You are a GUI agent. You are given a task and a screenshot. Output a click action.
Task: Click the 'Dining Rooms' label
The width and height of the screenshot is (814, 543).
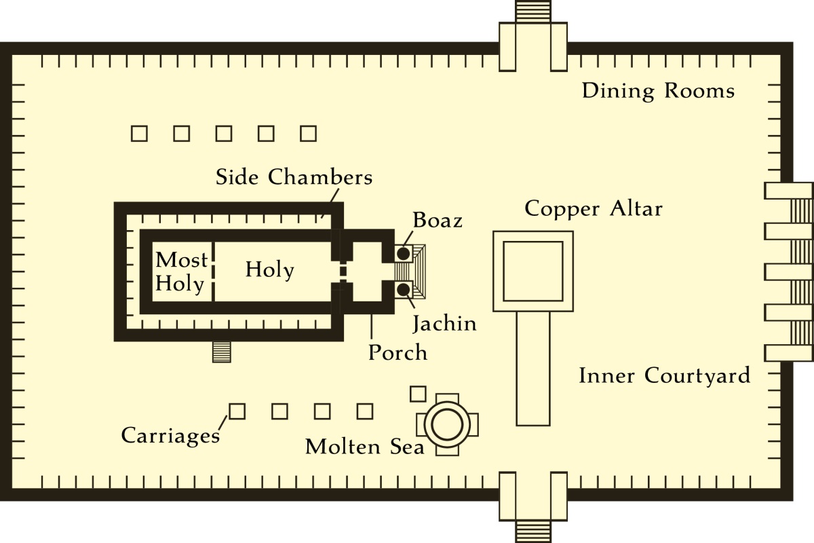658,91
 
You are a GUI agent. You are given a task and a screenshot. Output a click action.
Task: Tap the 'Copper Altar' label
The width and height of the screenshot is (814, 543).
593,208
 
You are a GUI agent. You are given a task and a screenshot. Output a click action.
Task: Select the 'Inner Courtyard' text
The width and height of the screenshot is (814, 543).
664,375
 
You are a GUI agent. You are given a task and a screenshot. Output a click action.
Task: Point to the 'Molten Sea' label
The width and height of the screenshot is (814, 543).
364,447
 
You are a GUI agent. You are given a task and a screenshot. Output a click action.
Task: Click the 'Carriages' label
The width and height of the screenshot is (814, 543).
170,435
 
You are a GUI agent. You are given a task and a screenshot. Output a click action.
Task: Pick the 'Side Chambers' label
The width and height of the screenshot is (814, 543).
294,177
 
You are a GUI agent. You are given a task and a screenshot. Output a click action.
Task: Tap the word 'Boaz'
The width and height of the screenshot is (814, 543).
437,221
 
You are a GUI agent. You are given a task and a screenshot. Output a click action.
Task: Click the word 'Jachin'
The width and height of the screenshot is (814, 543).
444,324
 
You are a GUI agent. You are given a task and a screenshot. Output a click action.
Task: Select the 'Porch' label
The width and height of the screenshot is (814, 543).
398,353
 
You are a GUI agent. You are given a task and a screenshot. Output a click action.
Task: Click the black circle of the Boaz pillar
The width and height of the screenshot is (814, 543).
403,254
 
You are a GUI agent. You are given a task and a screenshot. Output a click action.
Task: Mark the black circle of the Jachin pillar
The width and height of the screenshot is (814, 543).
403,290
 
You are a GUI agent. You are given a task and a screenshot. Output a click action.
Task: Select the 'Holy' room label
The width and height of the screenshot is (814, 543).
269,270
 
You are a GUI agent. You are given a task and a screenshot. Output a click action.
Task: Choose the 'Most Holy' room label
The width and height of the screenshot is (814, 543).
180,271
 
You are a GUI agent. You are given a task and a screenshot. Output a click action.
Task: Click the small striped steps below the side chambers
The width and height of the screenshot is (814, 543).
222,352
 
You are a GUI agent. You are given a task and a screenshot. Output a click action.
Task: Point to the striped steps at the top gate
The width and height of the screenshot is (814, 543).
532,12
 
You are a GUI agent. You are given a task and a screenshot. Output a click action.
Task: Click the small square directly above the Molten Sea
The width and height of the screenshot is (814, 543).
419,393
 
